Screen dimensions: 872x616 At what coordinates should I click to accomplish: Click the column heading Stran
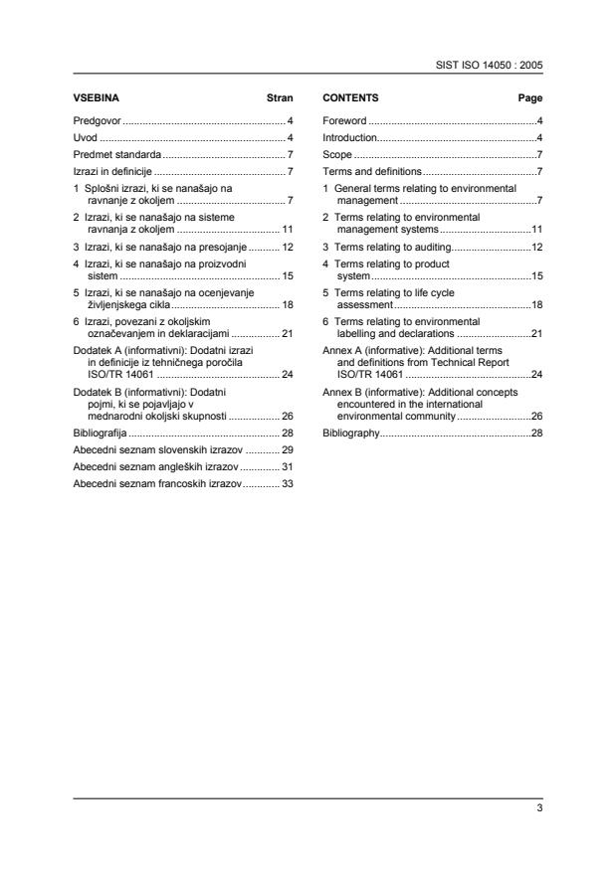coord(280,98)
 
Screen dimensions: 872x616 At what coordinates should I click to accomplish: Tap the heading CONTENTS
coord(350,98)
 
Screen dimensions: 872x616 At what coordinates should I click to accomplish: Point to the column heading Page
coord(530,98)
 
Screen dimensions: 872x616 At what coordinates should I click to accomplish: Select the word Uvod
coord(87,137)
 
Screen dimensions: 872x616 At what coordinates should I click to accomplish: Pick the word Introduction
coord(350,137)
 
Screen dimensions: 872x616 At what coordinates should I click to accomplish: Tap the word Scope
coord(336,155)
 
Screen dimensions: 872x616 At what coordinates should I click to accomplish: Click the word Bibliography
coord(351,434)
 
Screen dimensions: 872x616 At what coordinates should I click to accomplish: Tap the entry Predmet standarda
coord(117,155)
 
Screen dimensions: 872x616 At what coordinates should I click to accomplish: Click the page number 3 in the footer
coord(538,808)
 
